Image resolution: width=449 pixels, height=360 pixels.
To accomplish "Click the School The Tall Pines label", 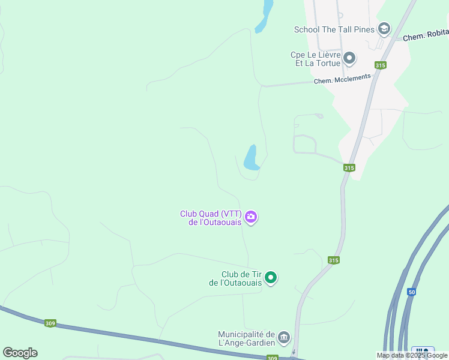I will pos(334,29).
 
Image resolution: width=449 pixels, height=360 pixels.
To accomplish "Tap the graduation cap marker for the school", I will pos(384,29).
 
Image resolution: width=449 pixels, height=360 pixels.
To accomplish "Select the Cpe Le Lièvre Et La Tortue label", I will pos(315,58).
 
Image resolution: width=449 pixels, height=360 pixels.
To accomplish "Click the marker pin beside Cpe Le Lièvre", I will pos(349,58).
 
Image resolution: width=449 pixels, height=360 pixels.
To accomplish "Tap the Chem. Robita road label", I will pos(426,37).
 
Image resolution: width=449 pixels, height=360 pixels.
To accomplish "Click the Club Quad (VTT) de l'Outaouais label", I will pos(211,217).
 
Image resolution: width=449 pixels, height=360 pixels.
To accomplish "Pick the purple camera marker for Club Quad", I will pos(252,217).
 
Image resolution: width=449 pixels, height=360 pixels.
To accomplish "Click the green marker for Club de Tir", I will pos(271,277).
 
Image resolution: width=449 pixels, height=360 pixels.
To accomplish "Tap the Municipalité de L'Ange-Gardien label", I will pos(246,338).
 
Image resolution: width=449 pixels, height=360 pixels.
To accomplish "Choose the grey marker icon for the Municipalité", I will pos(284,338).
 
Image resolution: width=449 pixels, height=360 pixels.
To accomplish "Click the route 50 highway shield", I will pos(411,292).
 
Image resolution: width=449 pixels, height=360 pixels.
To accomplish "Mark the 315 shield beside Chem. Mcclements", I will pos(379,65).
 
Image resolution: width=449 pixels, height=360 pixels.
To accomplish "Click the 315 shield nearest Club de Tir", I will pos(334,260).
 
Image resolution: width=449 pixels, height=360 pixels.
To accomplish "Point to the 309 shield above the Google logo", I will pos(51,323).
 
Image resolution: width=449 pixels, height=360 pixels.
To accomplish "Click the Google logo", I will pos(20,353).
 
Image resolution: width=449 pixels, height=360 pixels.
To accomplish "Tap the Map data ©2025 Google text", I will pos(412,356).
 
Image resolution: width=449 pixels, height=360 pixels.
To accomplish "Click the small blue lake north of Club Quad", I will pos(251,158).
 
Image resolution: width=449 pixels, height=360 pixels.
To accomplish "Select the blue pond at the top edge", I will pos(264,15).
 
